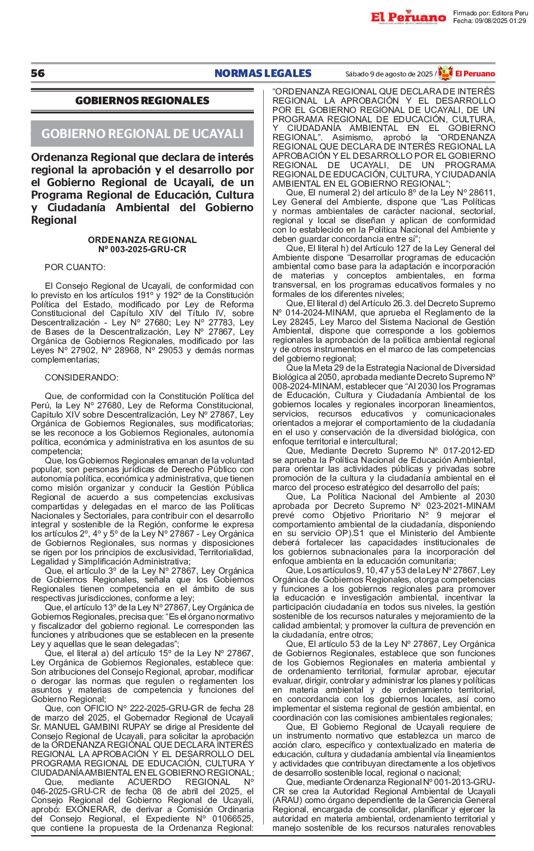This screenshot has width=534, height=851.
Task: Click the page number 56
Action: click(38, 73)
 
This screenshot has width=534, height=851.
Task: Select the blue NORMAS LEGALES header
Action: click(263, 73)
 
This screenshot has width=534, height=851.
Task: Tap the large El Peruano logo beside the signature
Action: click(408, 17)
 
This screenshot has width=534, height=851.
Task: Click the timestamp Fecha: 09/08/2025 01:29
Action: click(489, 21)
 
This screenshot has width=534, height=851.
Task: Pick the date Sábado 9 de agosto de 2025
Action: click(388, 74)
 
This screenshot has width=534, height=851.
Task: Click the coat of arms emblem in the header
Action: click(446, 73)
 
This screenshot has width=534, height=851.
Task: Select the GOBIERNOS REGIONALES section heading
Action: click(142, 100)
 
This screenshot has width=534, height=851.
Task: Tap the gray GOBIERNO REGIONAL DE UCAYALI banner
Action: click(142, 134)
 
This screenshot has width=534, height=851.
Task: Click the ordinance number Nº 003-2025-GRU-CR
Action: click(142, 249)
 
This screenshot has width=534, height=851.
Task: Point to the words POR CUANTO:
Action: click(75, 267)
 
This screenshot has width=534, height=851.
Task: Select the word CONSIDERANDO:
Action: click(81, 377)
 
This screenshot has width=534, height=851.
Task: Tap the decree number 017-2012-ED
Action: click(469, 450)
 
